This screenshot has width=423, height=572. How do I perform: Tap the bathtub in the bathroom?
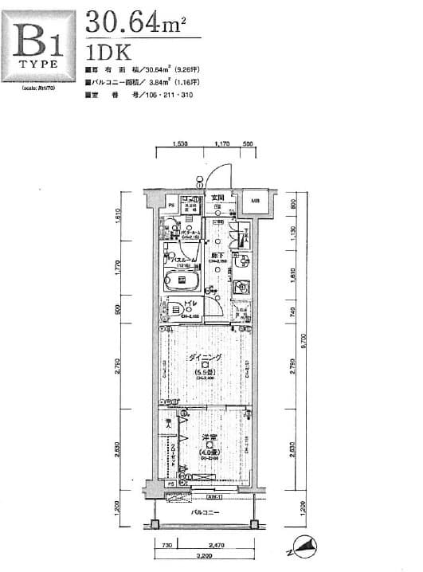click(x=182, y=280)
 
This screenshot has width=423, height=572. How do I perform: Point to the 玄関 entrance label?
click(x=217, y=197)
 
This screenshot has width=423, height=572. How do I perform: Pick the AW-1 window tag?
click(x=213, y=496)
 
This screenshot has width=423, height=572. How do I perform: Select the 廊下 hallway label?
click(x=215, y=255)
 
